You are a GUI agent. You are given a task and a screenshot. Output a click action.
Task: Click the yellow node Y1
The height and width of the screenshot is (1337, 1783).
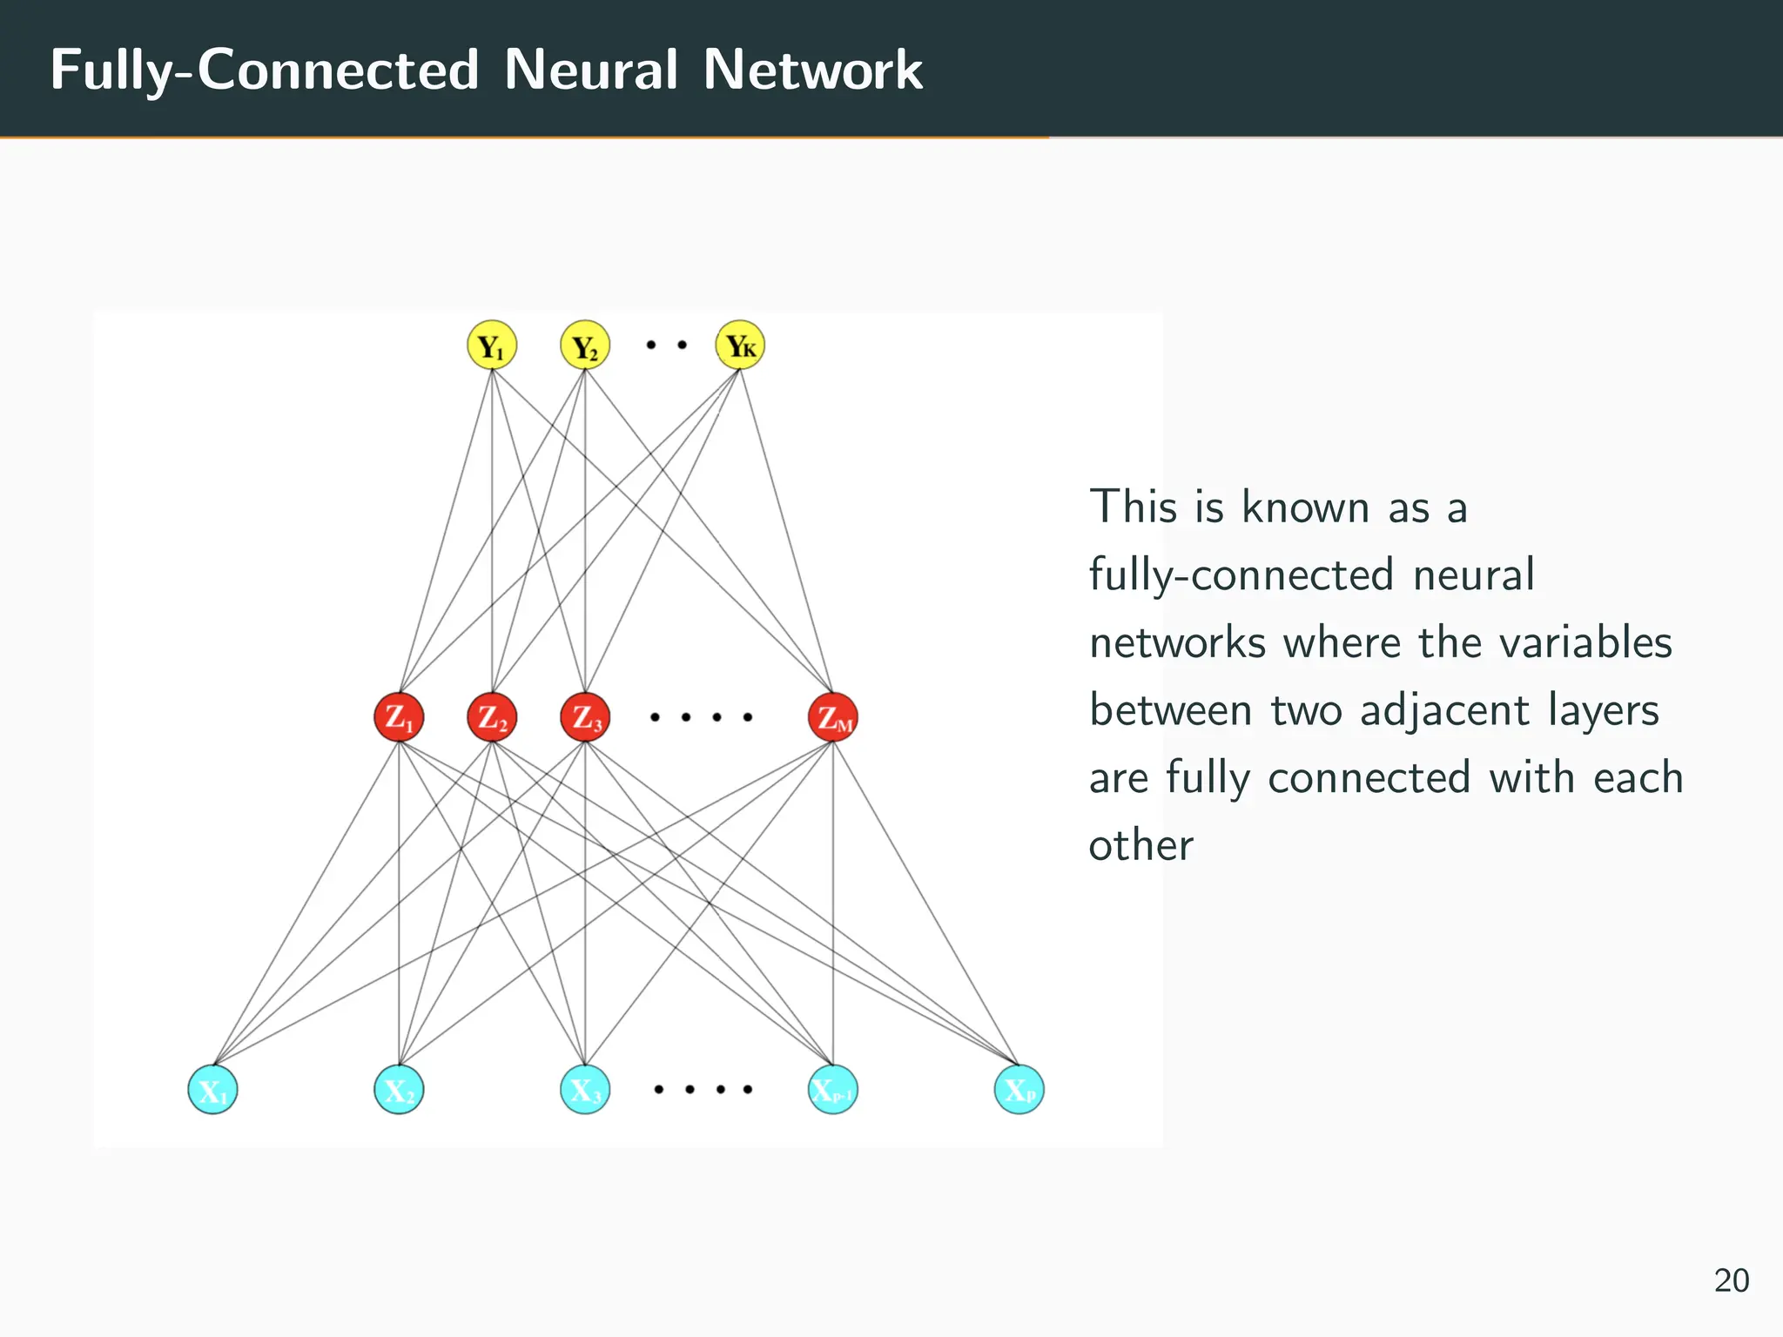[492, 346]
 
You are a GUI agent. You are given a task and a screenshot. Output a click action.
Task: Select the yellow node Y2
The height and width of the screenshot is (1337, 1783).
[585, 346]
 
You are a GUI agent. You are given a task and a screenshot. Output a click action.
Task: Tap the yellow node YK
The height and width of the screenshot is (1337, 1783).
[740, 346]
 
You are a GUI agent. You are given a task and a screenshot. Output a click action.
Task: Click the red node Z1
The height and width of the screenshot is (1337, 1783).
[399, 717]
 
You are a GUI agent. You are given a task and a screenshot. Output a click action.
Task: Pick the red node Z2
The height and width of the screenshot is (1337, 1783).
[492, 717]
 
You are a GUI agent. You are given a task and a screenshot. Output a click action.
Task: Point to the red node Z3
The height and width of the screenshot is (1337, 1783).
[585, 717]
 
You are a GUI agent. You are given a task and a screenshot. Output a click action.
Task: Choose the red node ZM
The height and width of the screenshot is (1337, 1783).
[833, 717]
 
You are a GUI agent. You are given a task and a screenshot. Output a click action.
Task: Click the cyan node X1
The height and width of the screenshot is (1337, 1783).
[212, 1089]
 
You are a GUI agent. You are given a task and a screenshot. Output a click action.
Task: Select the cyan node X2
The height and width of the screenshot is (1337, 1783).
[399, 1089]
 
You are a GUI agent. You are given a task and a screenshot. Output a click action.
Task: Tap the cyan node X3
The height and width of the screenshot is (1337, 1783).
[585, 1089]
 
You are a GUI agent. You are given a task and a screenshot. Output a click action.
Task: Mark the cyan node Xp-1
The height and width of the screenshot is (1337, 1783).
[833, 1089]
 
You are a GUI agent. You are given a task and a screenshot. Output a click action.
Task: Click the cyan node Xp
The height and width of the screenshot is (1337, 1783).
[1019, 1089]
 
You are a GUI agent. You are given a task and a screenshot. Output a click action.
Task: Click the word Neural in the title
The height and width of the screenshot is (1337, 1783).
[590, 70]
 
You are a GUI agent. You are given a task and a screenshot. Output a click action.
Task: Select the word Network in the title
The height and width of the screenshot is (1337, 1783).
[812, 70]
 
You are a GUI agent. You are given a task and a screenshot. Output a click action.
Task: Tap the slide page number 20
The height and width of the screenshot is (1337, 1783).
[1732, 1280]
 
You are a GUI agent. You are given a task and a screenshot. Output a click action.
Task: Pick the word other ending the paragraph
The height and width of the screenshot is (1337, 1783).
[1140, 845]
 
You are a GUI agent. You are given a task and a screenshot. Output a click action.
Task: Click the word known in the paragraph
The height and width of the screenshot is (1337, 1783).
[1305, 507]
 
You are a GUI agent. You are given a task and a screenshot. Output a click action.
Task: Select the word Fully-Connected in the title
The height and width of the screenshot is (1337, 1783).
[265, 70]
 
